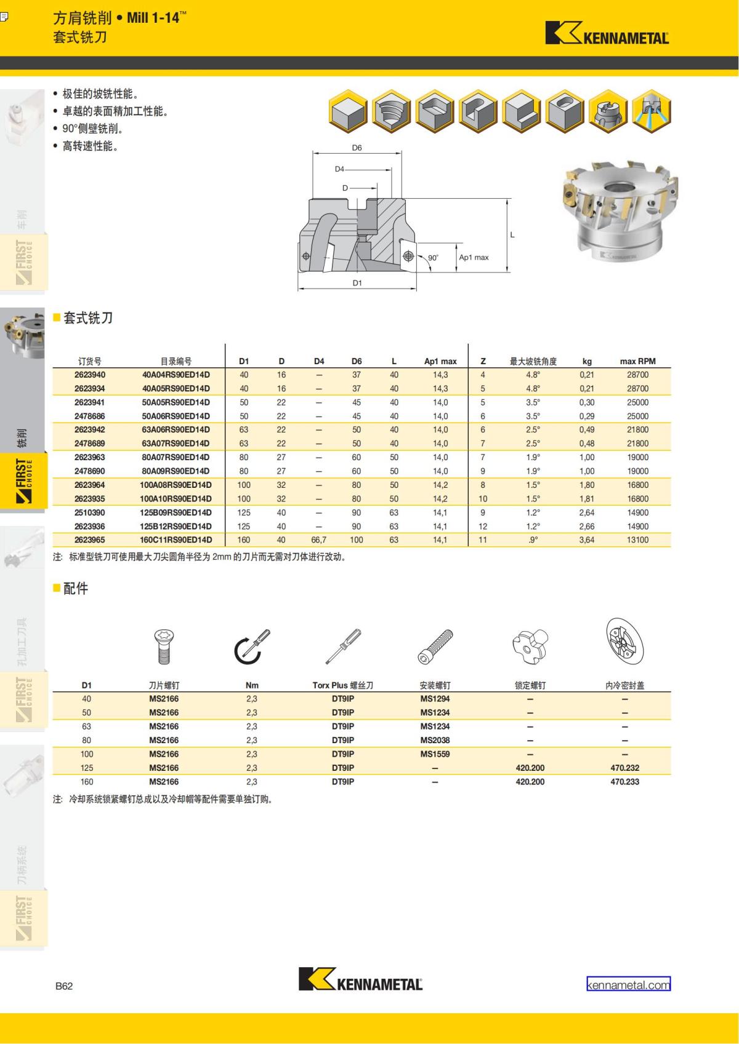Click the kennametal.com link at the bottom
tap(628, 985)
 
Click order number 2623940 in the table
tap(90, 375)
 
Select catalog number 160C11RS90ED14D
tap(176, 540)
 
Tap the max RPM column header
tap(637, 361)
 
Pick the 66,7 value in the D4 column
tap(319, 540)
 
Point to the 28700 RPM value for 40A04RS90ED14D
tap(637, 375)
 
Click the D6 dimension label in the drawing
tap(357, 148)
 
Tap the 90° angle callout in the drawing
tap(433, 258)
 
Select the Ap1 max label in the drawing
tap(474, 257)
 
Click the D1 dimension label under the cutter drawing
tap(357, 283)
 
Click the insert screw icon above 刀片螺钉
tap(164, 646)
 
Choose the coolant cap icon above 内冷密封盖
tap(624, 643)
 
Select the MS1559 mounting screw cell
tap(435, 754)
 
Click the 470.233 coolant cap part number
tap(624, 782)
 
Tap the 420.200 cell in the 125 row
tap(530, 768)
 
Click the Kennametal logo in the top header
tap(607, 34)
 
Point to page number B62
tap(64, 986)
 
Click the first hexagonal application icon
tap(349, 112)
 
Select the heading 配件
tap(76, 589)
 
